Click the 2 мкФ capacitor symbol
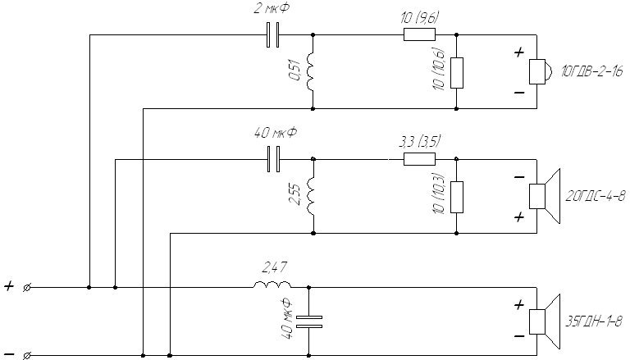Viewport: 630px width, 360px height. coord(273,35)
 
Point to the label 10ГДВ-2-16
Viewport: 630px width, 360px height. coord(592,72)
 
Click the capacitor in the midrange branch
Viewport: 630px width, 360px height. coord(274,160)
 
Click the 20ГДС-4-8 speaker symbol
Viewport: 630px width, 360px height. coord(545,196)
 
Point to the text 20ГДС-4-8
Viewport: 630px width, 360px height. coord(596,196)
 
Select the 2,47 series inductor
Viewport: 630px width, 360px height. coord(272,285)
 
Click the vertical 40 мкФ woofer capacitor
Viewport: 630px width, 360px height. coord(309,322)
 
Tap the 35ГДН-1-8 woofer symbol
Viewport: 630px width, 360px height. coord(545,321)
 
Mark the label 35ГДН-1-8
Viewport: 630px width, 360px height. coord(594,321)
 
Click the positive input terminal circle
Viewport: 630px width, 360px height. coord(27,288)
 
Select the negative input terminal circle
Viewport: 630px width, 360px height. coord(27,356)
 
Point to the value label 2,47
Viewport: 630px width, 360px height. coord(275,267)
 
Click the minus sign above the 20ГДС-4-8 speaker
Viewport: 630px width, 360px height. coord(519,177)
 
